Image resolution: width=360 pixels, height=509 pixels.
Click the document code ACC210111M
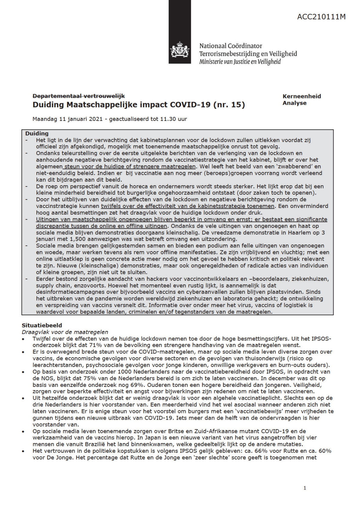[321, 17]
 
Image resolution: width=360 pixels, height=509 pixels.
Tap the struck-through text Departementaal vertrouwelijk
[79, 96]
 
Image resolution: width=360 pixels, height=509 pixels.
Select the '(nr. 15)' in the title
[229, 105]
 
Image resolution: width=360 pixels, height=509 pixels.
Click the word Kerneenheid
[302, 96]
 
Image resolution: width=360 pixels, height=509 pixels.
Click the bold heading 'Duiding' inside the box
[37, 133]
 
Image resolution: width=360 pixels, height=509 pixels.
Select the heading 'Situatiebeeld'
[42, 325]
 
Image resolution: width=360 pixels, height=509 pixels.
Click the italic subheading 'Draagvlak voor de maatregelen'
[65, 332]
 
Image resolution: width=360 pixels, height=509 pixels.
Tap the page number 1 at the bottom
[305, 488]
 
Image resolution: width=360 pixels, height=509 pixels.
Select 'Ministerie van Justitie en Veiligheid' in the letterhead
[240, 61]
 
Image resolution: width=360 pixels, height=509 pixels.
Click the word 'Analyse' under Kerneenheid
[294, 103]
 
